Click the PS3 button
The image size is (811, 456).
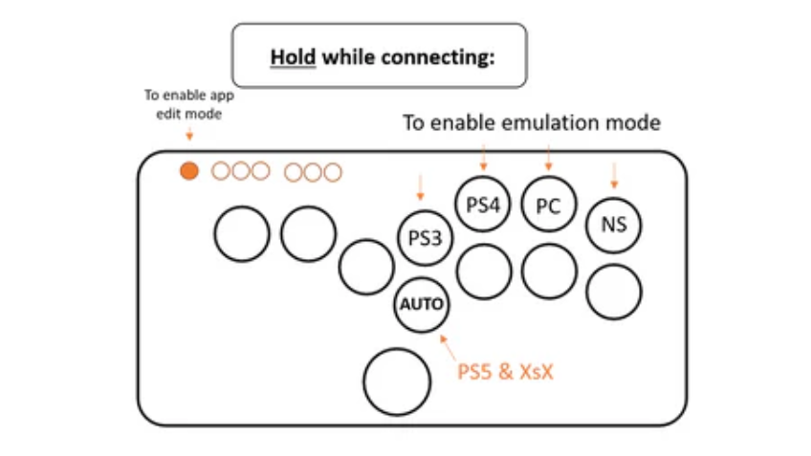[424, 237]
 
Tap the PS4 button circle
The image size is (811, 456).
[483, 204]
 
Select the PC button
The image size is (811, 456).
[549, 205]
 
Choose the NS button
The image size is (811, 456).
[613, 226]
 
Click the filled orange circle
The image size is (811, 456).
[189, 171]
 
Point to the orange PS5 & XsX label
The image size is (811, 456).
[506, 372]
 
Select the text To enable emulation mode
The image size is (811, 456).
[531, 123]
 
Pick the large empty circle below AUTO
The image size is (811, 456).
[398, 381]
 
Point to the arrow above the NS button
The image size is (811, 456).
[614, 174]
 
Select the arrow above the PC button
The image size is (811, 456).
[548, 156]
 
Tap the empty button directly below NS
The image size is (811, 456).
[613, 292]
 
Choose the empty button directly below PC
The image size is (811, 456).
[549, 271]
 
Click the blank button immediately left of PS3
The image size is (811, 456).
[366, 266]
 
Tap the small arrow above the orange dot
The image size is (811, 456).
[189, 136]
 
